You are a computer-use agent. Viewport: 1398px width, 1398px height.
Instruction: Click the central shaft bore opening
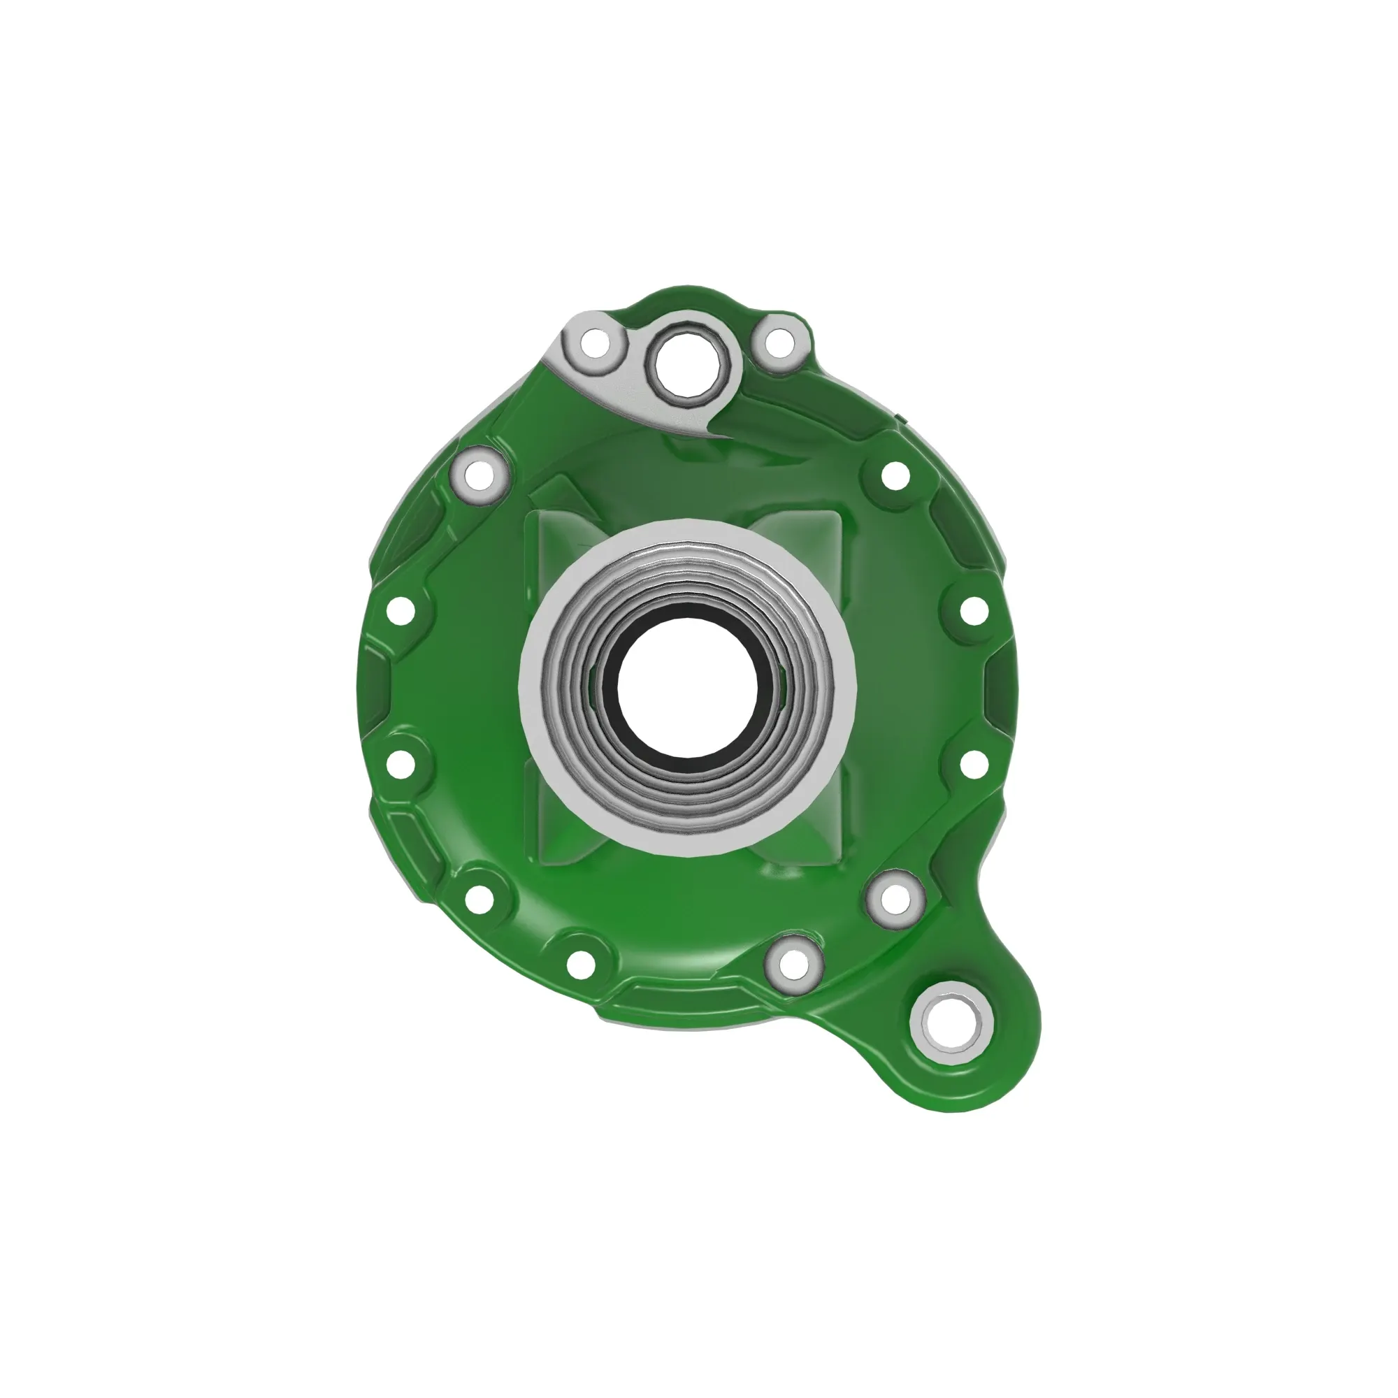(686, 685)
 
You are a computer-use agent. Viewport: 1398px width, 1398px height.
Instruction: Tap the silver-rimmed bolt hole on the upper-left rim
(478, 476)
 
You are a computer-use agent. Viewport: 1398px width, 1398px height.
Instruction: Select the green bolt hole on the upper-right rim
(895, 476)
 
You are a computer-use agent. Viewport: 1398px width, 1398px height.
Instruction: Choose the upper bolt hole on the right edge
(973, 610)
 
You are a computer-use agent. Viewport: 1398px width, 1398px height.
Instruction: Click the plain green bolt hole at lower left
(478, 898)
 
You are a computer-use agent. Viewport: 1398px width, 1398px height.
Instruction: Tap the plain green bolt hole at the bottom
(580, 963)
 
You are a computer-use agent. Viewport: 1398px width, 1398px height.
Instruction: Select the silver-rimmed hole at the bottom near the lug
(793, 963)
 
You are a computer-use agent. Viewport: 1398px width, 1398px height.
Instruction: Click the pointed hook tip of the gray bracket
(709, 437)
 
